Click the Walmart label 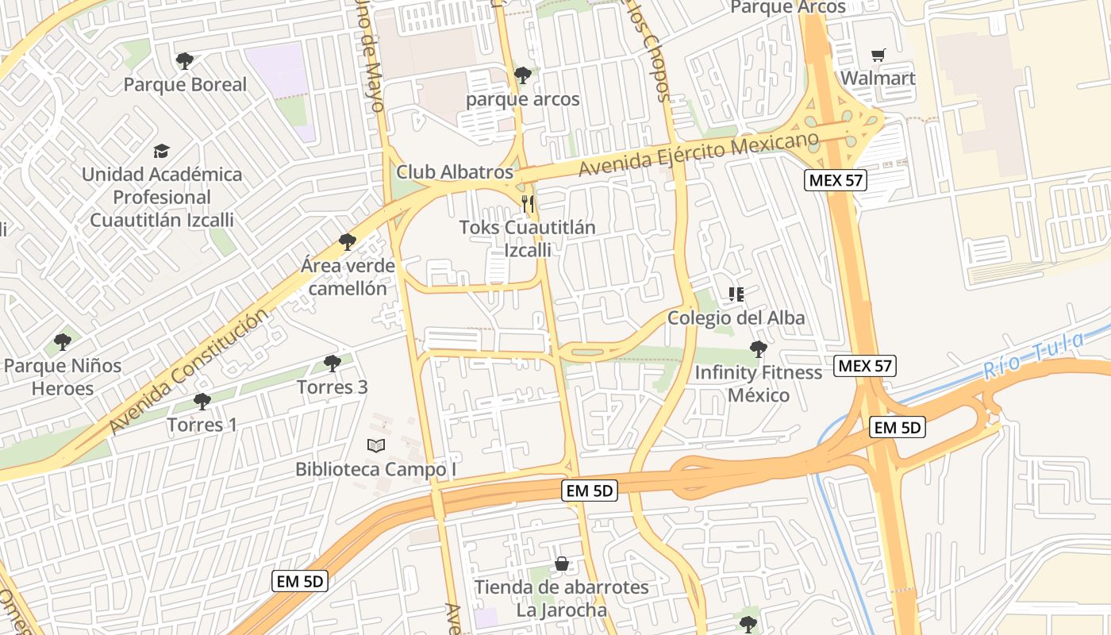pyautogui.click(x=878, y=79)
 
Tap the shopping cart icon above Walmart pyautogui.click(x=878, y=55)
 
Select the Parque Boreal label pyautogui.click(x=185, y=84)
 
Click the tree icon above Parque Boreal pyautogui.click(x=185, y=60)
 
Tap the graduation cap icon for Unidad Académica pyautogui.click(x=162, y=151)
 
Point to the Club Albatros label pyautogui.click(x=455, y=172)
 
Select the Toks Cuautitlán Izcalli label pyautogui.click(x=528, y=238)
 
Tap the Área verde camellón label pyautogui.click(x=348, y=277)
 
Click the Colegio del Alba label pyautogui.click(x=736, y=318)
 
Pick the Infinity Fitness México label pyautogui.click(x=759, y=383)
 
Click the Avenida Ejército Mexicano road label pyautogui.click(x=698, y=155)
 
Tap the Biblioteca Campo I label pyautogui.click(x=376, y=469)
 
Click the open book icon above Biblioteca pyautogui.click(x=376, y=446)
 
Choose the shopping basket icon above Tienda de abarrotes pyautogui.click(x=562, y=564)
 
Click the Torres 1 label pyautogui.click(x=202, y=425)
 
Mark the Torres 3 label pyautogui.click(x=332, y=387)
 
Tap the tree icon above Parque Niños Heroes pyautogui.click(x=63, y=343)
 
